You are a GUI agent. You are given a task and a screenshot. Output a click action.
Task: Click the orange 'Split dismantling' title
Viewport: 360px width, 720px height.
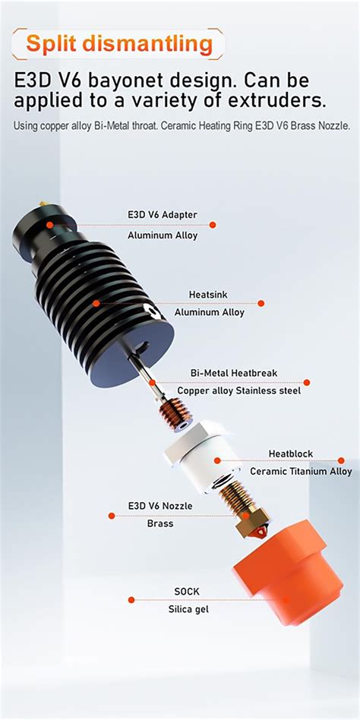click(x=119, y=43)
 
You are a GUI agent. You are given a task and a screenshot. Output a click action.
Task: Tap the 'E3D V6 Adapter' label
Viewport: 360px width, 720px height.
click(x=162, y=215)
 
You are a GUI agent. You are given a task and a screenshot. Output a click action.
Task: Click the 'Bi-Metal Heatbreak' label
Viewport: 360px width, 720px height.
click(x=234, y=373)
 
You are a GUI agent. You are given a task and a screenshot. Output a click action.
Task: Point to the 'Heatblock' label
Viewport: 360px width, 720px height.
click(x=290, y=453)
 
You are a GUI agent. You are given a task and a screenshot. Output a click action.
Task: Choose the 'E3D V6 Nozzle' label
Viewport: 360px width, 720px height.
click(x=159, y=506)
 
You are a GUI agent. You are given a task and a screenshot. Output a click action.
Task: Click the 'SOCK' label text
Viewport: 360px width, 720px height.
click(x=187, y=590)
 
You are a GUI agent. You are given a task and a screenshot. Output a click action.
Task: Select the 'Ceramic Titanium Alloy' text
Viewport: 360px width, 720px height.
click(x=301, y=472)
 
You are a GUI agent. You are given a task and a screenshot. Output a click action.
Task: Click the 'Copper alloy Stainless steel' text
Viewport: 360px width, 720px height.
click(x=238, y=391)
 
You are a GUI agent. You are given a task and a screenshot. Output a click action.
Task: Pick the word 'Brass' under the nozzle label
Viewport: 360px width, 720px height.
click(x=159, y=523)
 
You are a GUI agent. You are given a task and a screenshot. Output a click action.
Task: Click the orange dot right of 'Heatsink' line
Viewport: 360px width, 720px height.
click(x=261, y=303)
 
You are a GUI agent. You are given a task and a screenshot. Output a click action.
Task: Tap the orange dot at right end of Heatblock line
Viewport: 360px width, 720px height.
click(x=341, y=460)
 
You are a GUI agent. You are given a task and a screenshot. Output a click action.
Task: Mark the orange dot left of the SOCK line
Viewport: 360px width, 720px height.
click(x=131, y=600)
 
